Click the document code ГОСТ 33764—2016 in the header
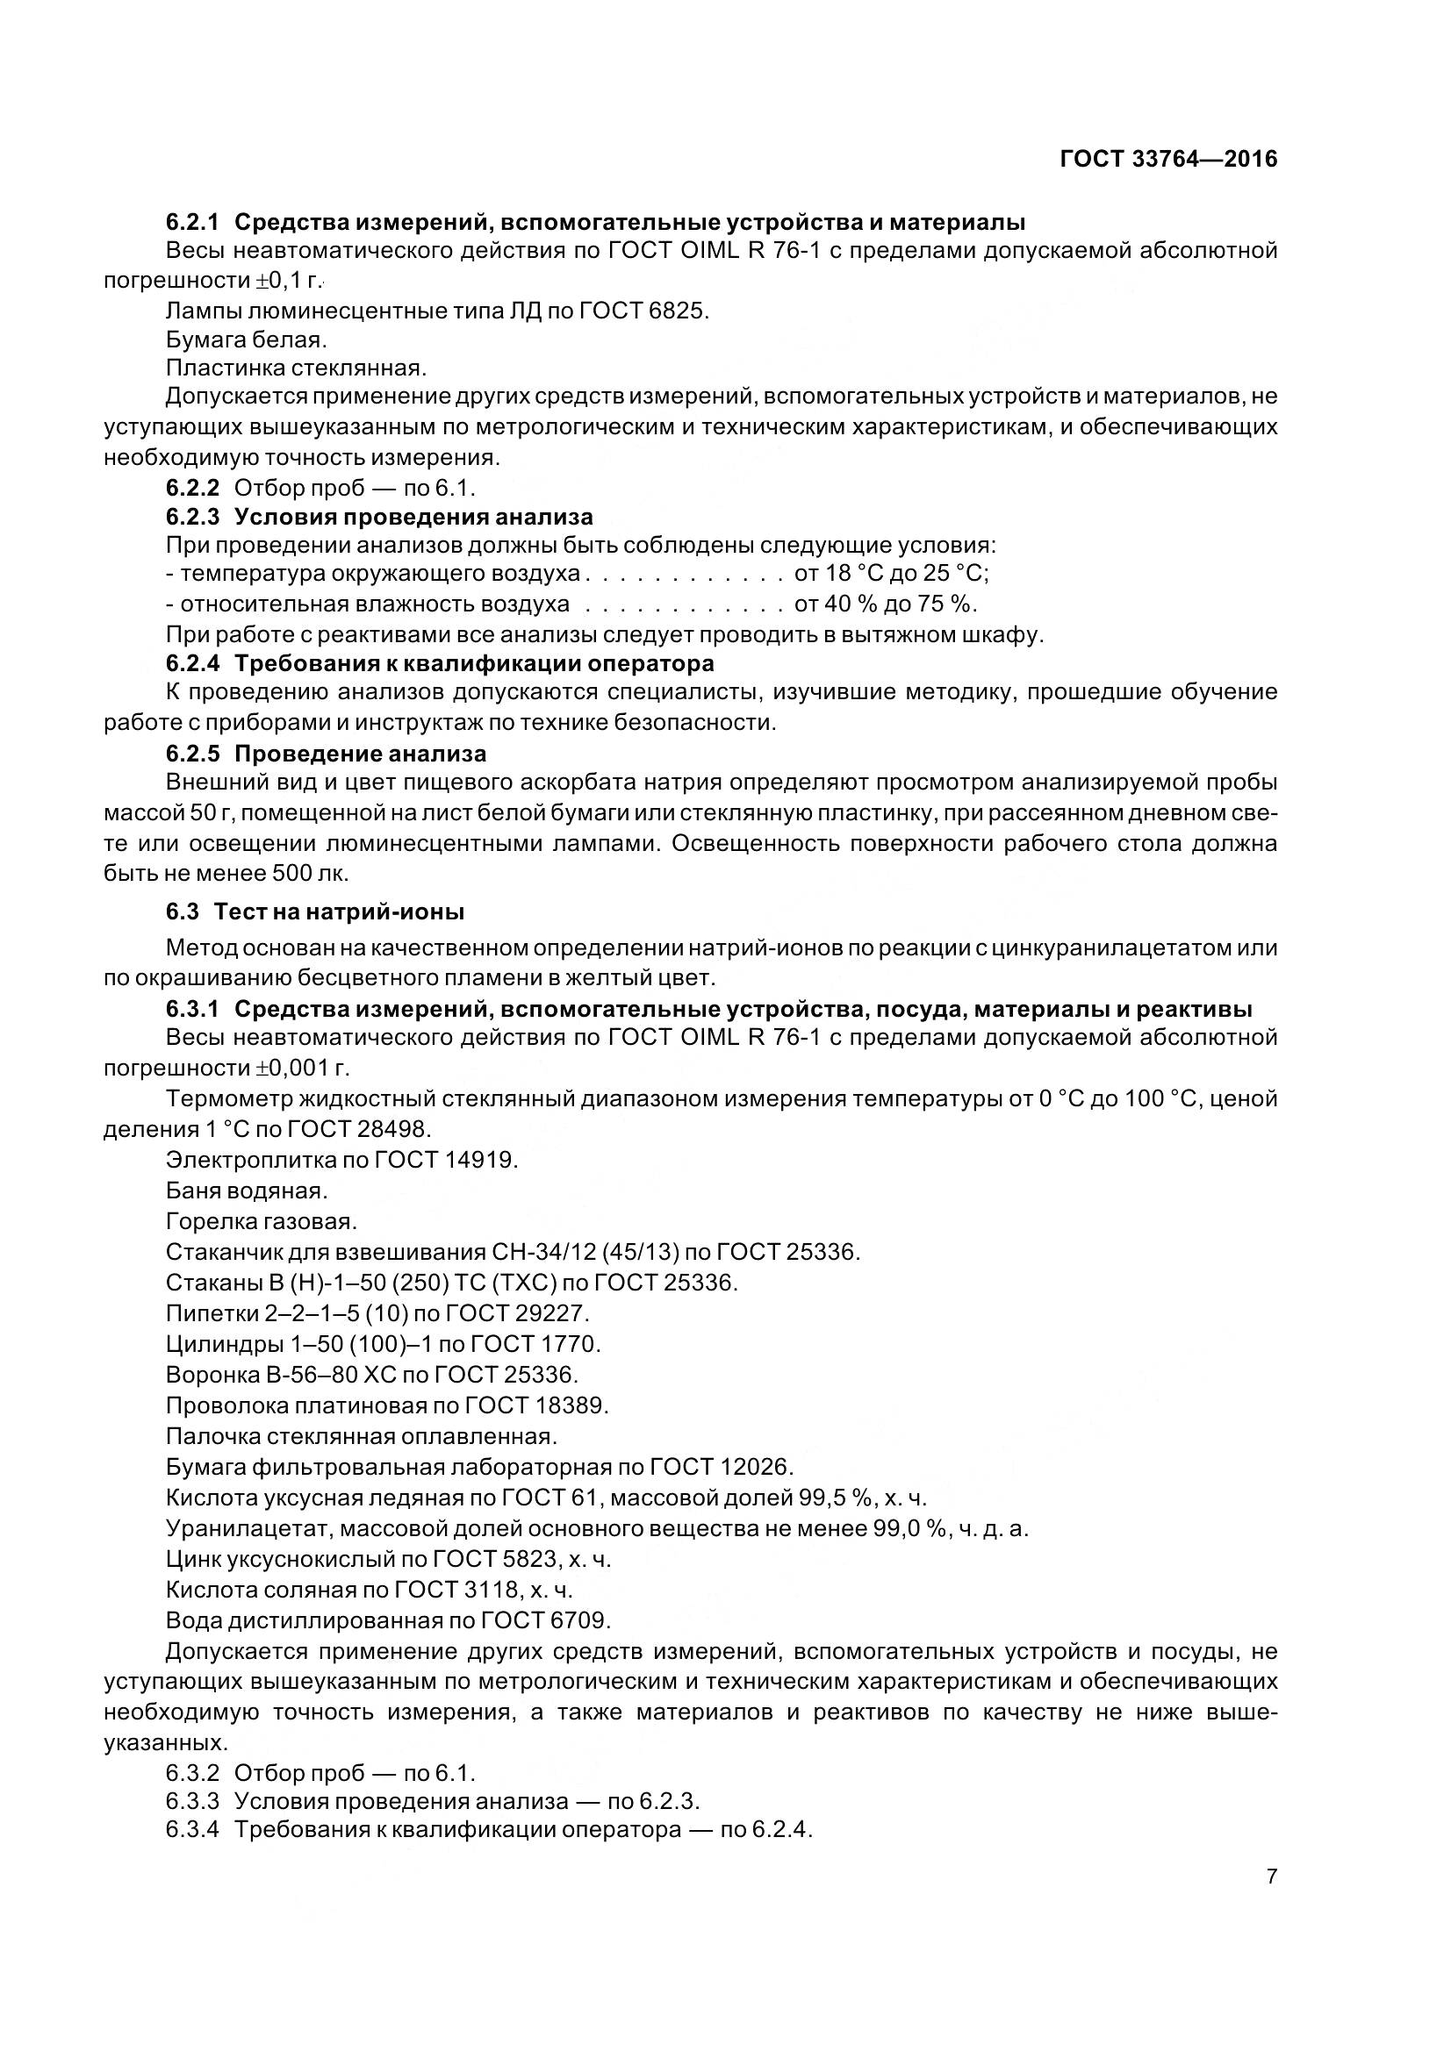[x=1167, y=160]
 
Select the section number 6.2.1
[x=192, y=222]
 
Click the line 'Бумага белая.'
[x=246, y=340]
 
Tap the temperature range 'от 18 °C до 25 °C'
[x=890, y=573]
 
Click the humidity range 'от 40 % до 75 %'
[x=885, y=604]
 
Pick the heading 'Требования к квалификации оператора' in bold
[x=474, y=663]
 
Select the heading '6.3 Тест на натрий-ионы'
[x=315, y=912]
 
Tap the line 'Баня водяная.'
[x=247, y=1190]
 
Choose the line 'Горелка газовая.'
[x=261, y=1221]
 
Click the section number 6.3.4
[x=192, y=1828]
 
